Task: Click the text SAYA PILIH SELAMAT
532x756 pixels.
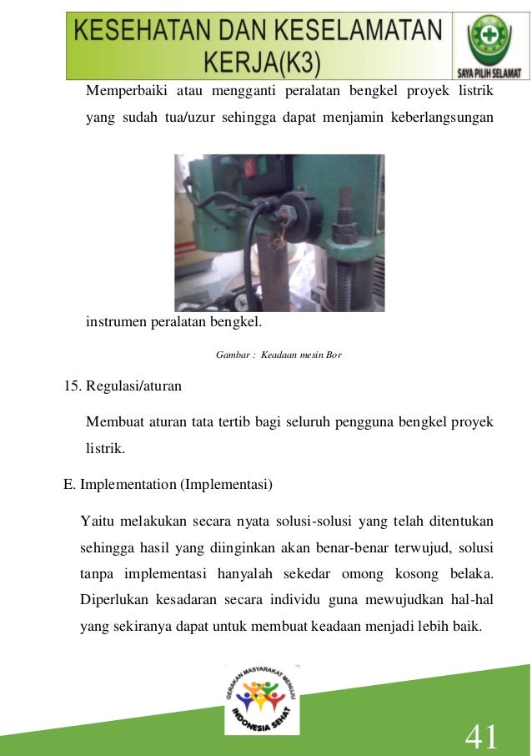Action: point(489,73)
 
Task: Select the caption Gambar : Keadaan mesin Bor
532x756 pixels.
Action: point(279,355)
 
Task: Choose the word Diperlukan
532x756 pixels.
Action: point(113,601)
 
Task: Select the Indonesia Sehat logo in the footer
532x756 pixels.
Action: point(262,701)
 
